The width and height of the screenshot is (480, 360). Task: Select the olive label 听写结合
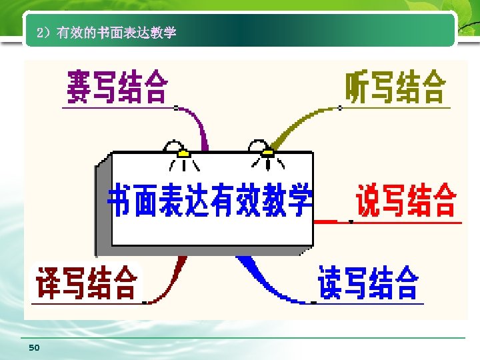pos(395,87)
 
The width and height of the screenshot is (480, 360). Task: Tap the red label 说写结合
pos(406,200)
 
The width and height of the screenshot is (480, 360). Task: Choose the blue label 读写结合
pos(368,283)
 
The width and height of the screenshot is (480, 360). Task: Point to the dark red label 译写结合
pos(87,283)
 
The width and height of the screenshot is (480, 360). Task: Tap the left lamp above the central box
pos(180,151)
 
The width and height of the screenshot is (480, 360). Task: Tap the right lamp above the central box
pos(265,151)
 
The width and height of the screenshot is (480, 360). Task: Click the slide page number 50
pos(35,348)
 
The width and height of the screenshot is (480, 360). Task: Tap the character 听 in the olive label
pos(357,87)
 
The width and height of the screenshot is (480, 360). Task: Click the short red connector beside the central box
pos(325,219)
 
